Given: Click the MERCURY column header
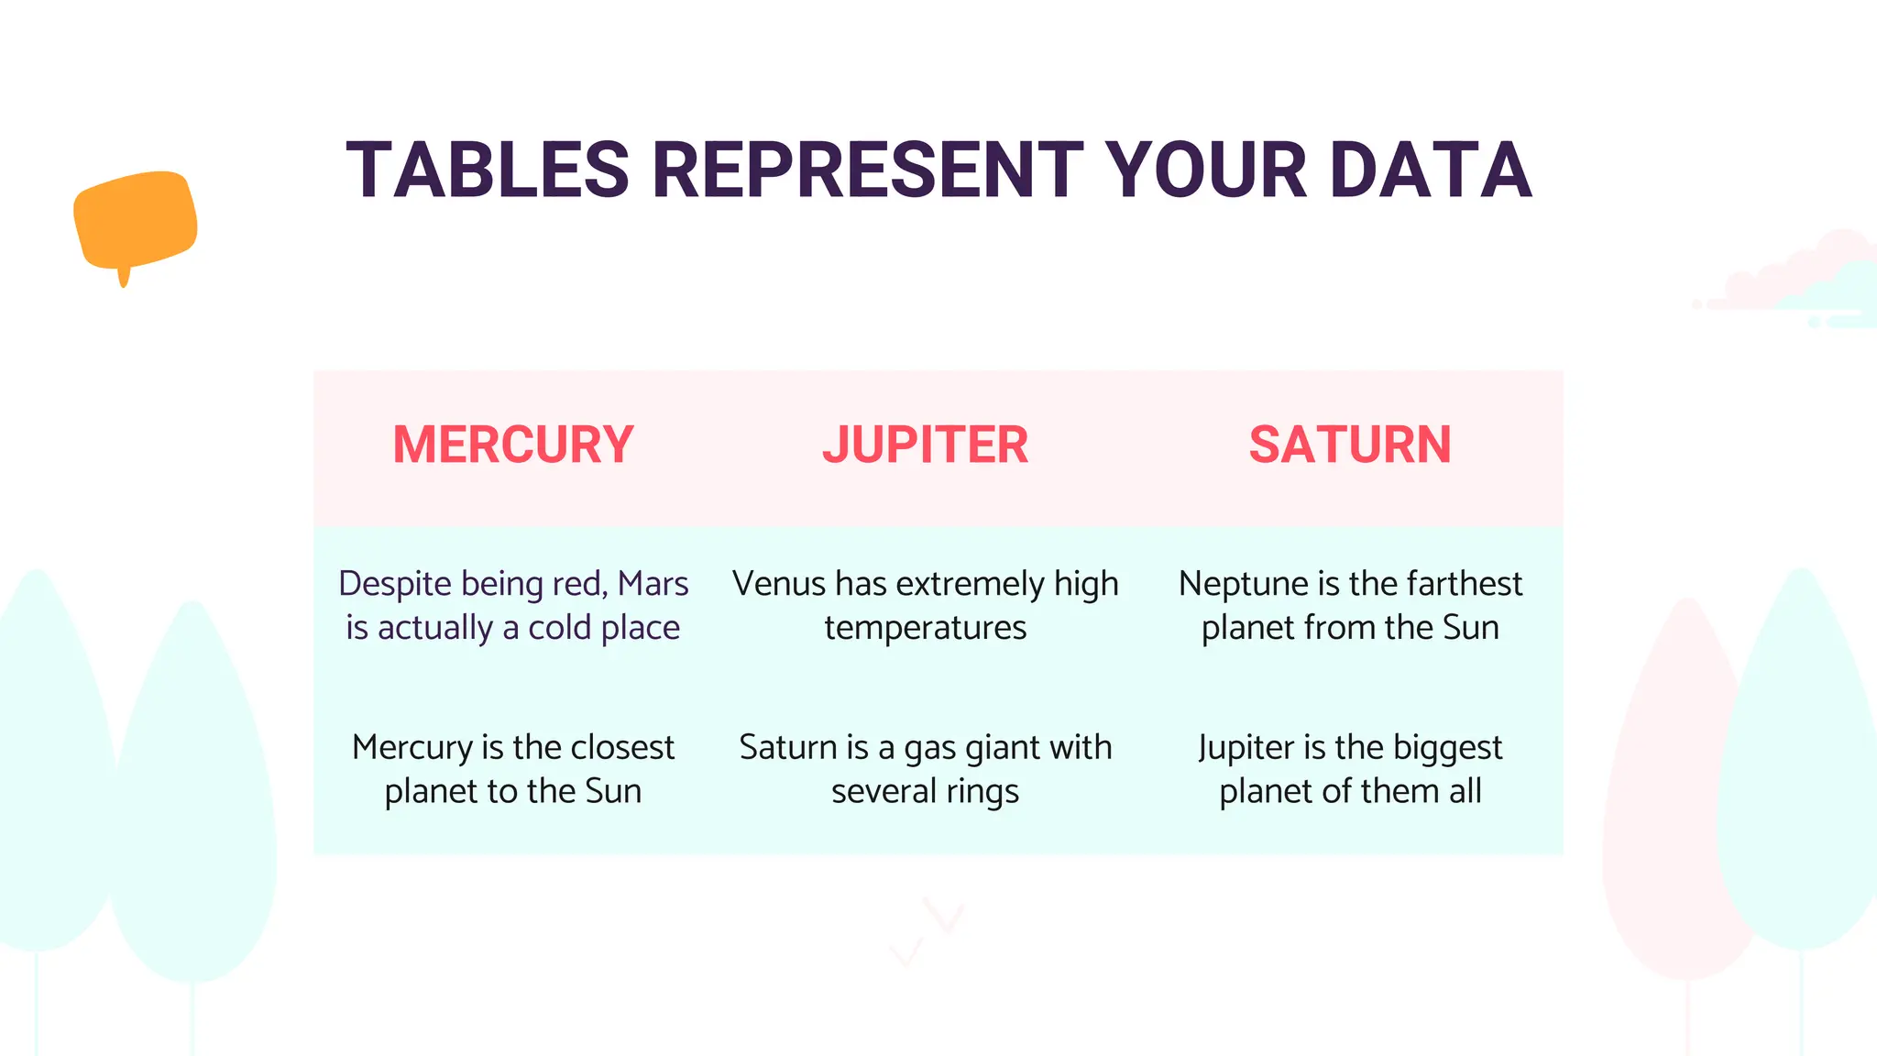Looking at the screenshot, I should pos(513,445).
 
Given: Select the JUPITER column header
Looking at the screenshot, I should pos(925,445).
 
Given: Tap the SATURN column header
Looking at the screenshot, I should pos(1350,445).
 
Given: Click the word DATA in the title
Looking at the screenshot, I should pos(1431,170).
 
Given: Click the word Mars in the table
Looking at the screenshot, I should pos(653,584).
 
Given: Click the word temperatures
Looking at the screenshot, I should pos(925,629).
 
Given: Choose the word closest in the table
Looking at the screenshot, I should pos(622,748).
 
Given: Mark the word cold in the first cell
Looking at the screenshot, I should pos(559,629).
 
